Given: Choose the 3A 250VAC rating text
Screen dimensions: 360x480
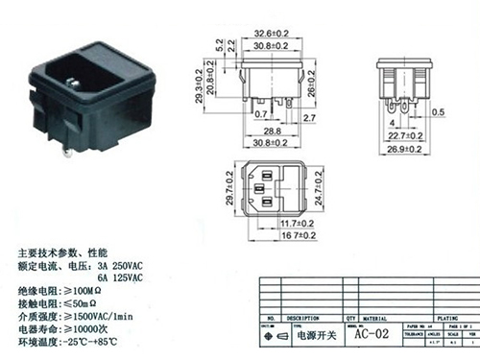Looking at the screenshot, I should tap(121, 265).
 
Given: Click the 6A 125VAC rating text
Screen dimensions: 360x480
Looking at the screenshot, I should tap(121, 276).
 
